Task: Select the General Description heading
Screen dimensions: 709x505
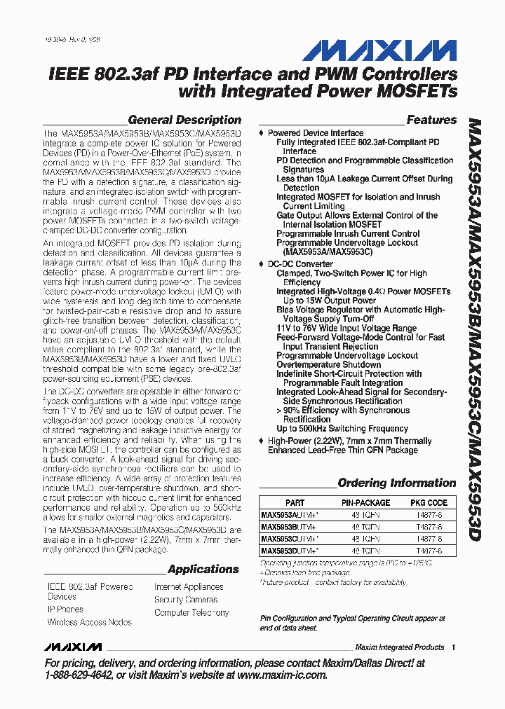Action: click(184, 120)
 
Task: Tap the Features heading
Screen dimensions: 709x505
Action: click(431, 120)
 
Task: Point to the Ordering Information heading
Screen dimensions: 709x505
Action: click(396, 483)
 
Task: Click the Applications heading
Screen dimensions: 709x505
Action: click(203, 569)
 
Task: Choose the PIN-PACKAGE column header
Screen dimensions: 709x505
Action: click(365, 502)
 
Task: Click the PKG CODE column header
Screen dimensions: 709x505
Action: click(429, 502)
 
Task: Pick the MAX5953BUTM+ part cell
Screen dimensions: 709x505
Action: click(288, 527)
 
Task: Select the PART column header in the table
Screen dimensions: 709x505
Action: click(295, 502)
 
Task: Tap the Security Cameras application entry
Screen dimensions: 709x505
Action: click(186, 600)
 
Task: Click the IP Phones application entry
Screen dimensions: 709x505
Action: click(65, 610)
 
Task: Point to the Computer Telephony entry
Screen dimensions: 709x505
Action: click(191, 612)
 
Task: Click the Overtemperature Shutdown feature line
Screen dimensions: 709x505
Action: click(328, 364)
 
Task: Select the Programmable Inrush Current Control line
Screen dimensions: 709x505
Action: click(348, 233)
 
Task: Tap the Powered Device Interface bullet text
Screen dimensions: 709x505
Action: click(316, 132)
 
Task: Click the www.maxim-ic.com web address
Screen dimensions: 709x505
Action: click(283, 675)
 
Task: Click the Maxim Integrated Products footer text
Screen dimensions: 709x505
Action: click(400, 647)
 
